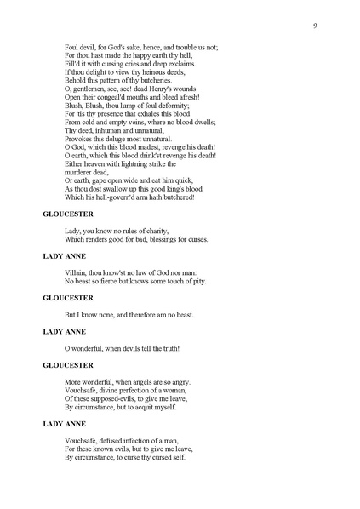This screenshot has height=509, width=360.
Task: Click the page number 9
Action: (x=315, y=26)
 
